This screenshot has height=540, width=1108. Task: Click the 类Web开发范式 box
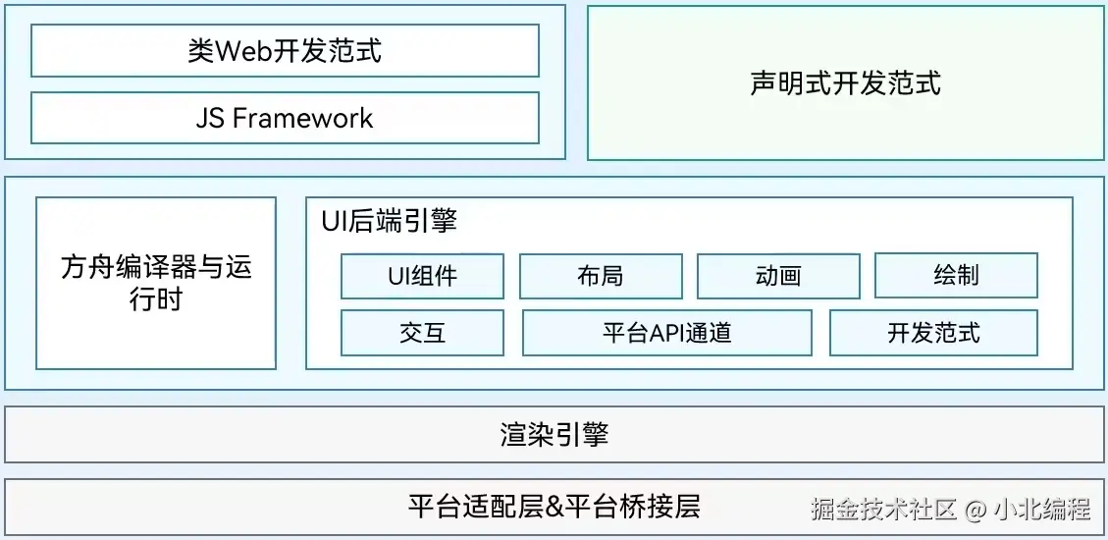[x=285, y=51]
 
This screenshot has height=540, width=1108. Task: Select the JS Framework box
[x=285, y=118]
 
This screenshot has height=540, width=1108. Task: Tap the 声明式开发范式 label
[x=845, y=83]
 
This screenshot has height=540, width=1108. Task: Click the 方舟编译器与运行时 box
[x=156, y=283]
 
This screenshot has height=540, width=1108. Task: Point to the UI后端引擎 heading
[x=389, y=221]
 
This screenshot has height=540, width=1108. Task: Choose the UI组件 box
[x=422, y=276]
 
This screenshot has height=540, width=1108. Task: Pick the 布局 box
[x=601, y=276]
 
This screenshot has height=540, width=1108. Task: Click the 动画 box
[x=778, y=276]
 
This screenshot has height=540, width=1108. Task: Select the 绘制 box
[x=956, y=276]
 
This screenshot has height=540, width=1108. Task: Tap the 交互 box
[x=422, y=333]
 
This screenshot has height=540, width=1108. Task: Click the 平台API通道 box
[x=666, y=333]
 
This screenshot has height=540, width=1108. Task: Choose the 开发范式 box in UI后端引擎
[x=933, y=333]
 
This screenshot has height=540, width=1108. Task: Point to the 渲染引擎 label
[x=554, y=435]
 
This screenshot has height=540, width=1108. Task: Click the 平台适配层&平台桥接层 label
[x=554, y=507]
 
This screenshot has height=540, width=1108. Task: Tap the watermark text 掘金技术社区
[x=883, y=510]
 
